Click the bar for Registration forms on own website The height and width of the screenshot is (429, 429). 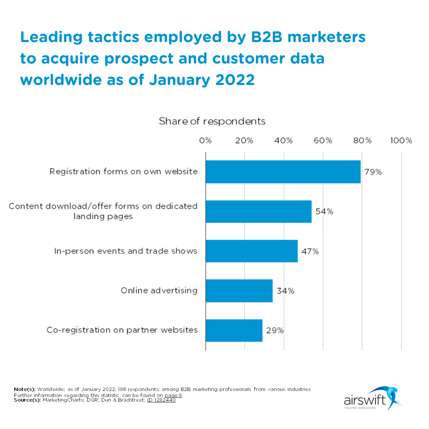click(283, 172)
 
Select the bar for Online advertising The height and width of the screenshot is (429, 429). click(239, 291)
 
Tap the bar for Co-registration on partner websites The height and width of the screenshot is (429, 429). click(234, 330)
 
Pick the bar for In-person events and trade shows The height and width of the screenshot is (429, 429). click(251, 251)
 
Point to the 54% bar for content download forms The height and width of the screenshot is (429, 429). click(258, 211)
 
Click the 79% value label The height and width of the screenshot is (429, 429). click(373, 172)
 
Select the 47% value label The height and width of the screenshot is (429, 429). click(310, 251)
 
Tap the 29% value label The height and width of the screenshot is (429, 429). click(275, 330)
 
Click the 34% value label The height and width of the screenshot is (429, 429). click(285, 291)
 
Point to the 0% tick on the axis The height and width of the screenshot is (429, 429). click(205, 141)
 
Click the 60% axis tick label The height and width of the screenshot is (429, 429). click(323, 141)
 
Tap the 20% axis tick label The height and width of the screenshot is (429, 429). click(244, 141)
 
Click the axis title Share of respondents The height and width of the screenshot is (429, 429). click(212, 121)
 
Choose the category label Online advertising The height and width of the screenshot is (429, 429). click(159, 290)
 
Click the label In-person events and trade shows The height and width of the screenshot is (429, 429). click(126, 251)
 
